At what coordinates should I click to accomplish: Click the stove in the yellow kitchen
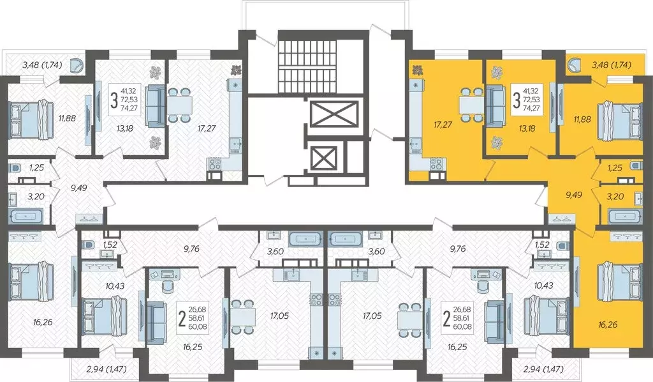(x=437, y=164)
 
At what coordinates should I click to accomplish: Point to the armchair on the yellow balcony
(x=574, y=65)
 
